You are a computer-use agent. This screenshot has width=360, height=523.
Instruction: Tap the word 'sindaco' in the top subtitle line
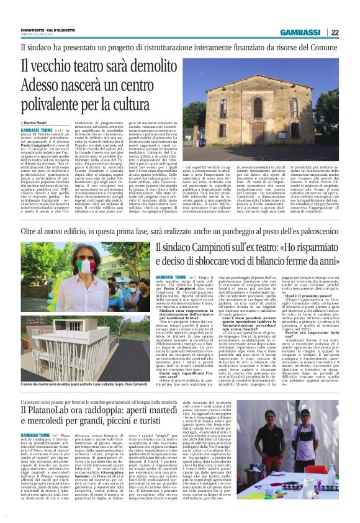(40, 47)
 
